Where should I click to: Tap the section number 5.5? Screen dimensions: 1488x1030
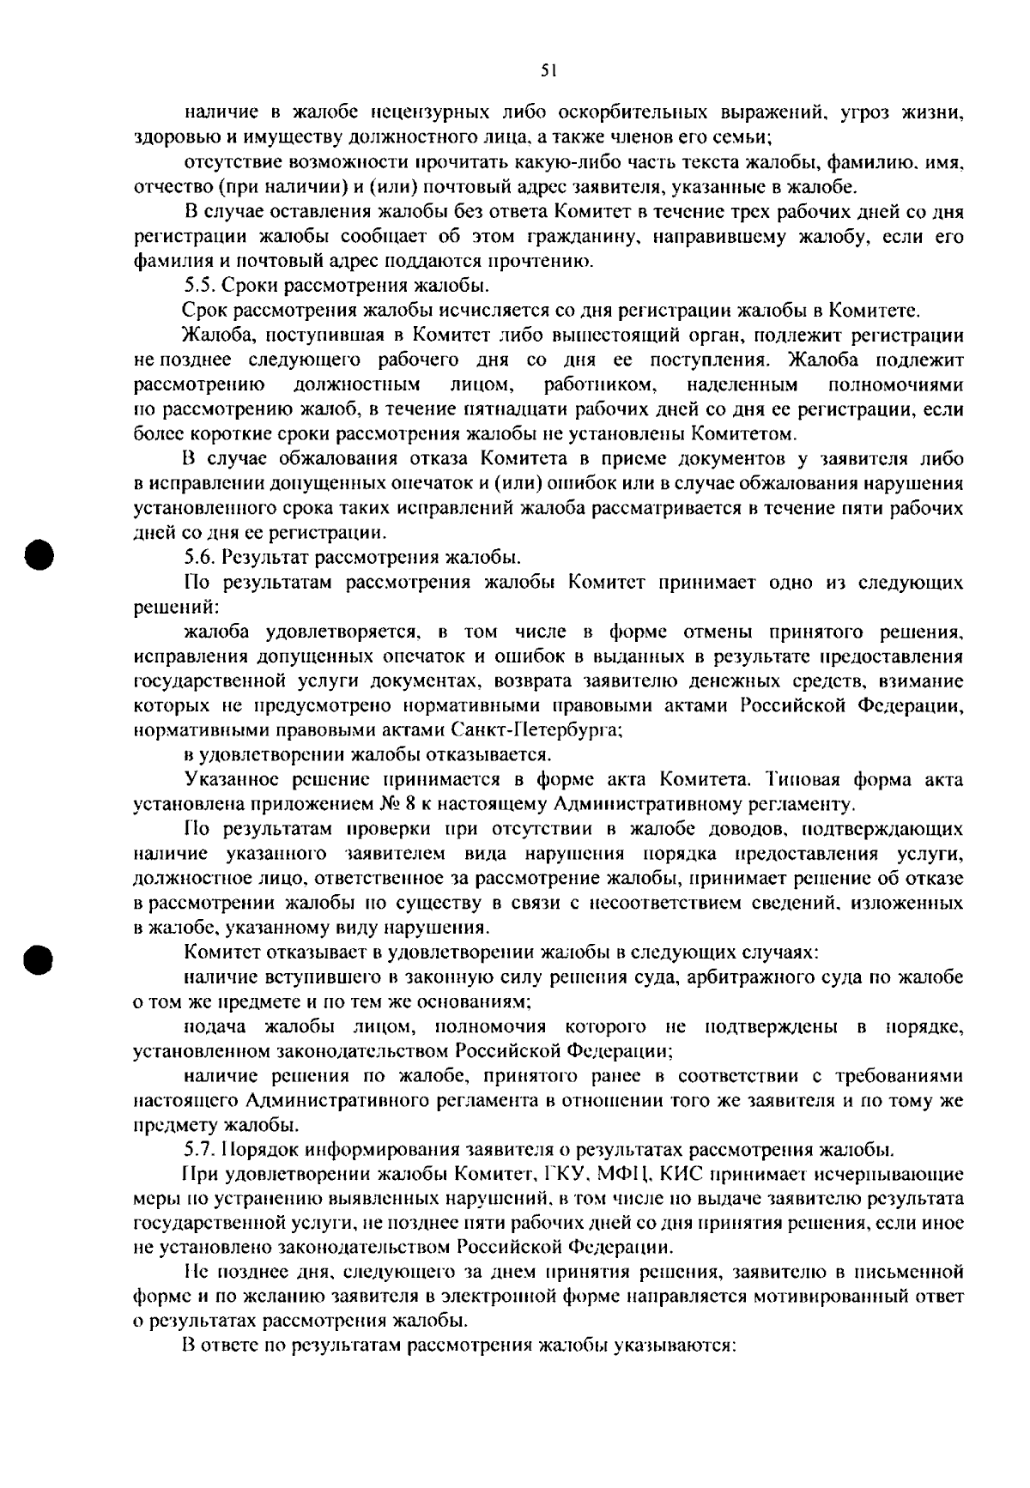coord(201,286)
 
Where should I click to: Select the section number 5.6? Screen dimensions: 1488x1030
coord(201,559)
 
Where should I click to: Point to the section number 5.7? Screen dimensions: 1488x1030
coord(201,1149)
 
